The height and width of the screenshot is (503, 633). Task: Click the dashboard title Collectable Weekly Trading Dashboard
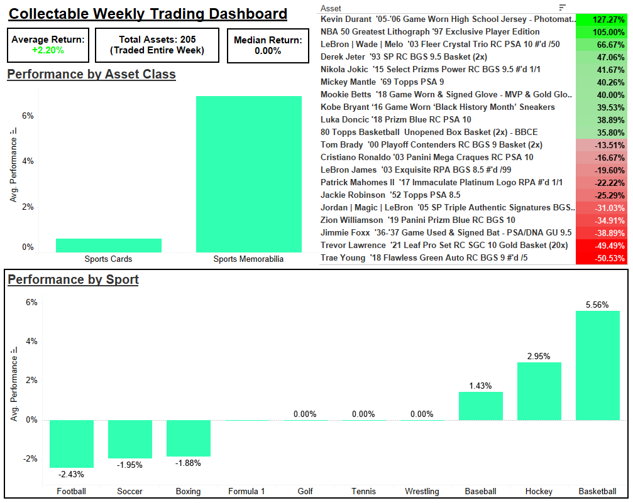pos(148,14)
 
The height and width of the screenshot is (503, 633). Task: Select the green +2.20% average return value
pos(48,50)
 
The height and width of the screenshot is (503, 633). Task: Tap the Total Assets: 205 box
pos(157,45)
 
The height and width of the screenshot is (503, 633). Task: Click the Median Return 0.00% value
pos(268,51)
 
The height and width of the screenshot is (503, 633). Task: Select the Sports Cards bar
pos(109,245)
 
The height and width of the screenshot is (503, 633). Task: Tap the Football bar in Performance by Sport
pos(72,443)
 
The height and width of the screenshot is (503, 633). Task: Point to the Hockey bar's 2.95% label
pos(539,356)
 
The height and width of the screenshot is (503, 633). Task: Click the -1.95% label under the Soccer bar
pos(130,465)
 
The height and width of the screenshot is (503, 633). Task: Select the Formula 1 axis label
pos(246,491)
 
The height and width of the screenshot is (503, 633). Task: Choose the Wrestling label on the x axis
pos(422,491)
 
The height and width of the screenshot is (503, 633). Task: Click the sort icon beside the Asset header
pos(562,8)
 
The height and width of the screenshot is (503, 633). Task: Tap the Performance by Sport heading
pos(73,279)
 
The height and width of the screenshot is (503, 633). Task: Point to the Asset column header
pos(331,8)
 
